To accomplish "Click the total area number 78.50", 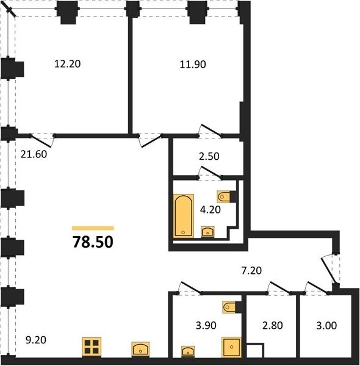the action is (x=93, y=242).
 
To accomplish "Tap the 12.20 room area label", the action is (x=68, y=63).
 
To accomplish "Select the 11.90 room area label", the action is (x=193, y=64).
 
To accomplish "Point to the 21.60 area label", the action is (x=34, y=154).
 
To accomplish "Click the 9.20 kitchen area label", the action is (x=36, y=340).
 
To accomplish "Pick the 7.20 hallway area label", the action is (x=251, y=270).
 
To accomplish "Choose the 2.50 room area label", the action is (x=209, y=156).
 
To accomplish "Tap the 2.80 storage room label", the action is (x=273, y=325).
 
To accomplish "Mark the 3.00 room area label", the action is (x=326, y=325).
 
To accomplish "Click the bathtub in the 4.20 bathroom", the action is (x=184, y=216).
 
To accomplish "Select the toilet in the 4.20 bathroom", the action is (x=226, y=196).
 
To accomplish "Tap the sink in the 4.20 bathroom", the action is (x=207, y=232).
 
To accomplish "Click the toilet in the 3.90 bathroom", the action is (x=232, y=307).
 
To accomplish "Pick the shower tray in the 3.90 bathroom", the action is (x=231, y=347).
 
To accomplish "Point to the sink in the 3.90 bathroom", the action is (x=188, y=351).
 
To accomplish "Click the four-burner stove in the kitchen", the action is (x=92, y=347).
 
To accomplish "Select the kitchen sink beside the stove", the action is (x=140, y=349).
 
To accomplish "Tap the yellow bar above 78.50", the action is (x=93, y=228).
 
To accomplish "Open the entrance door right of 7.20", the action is (x=329, y=270).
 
